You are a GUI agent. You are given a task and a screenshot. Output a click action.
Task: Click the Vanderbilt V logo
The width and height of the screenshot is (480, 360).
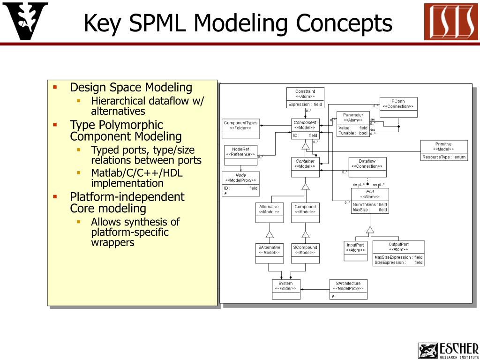point(25,21)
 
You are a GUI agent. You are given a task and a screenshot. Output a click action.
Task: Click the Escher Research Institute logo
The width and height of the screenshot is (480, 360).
point(448,350)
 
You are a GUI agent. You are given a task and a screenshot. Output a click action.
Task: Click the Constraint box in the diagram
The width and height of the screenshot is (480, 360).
point(305,98)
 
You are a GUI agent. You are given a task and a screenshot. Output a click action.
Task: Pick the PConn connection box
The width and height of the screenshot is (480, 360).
point(398,107)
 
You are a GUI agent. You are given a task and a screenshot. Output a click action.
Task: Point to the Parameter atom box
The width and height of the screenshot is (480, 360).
point(353,124)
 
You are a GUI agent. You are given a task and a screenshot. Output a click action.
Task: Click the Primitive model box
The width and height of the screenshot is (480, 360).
point(443,150)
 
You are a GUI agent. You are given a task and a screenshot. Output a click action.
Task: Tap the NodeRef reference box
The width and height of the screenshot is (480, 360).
point(240,155)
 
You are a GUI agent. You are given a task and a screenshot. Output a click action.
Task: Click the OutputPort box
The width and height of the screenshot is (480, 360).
point(398,254)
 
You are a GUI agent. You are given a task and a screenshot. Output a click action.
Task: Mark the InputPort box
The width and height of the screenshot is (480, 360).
point(355,250)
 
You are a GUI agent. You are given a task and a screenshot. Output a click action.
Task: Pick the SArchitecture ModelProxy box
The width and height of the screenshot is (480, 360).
point(348,289)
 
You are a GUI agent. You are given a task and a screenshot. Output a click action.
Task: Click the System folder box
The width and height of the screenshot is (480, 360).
point(285,289)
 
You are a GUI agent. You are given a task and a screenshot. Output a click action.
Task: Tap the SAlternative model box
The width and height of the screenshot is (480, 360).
point(269,253)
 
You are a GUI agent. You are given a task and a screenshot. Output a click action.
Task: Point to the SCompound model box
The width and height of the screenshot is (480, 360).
point(305,253)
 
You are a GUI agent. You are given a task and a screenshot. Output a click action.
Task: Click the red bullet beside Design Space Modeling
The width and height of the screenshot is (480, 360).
point(55,87)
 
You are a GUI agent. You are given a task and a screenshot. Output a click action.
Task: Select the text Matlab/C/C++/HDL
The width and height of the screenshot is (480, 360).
point(137,173)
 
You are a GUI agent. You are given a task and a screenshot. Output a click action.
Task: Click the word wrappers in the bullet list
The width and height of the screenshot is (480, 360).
point(112,242)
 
